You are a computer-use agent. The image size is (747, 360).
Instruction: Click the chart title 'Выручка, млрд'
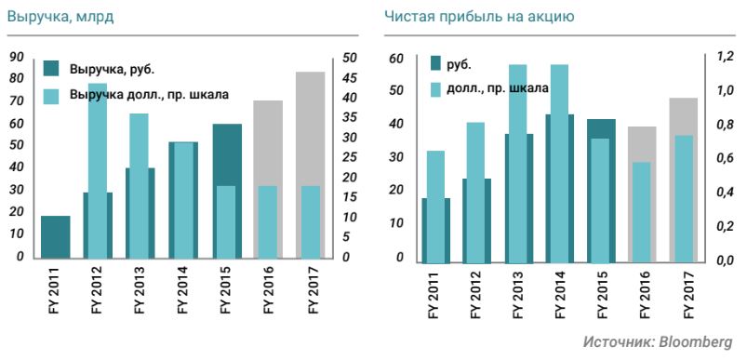point(50,17)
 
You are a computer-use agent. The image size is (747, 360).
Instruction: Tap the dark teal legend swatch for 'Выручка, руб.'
point(52,68)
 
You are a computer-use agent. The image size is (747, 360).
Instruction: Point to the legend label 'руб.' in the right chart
point(459,64)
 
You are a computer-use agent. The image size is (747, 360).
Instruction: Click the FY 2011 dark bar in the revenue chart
point(55,236)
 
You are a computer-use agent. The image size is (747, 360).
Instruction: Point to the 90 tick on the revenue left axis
point(16,57)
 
